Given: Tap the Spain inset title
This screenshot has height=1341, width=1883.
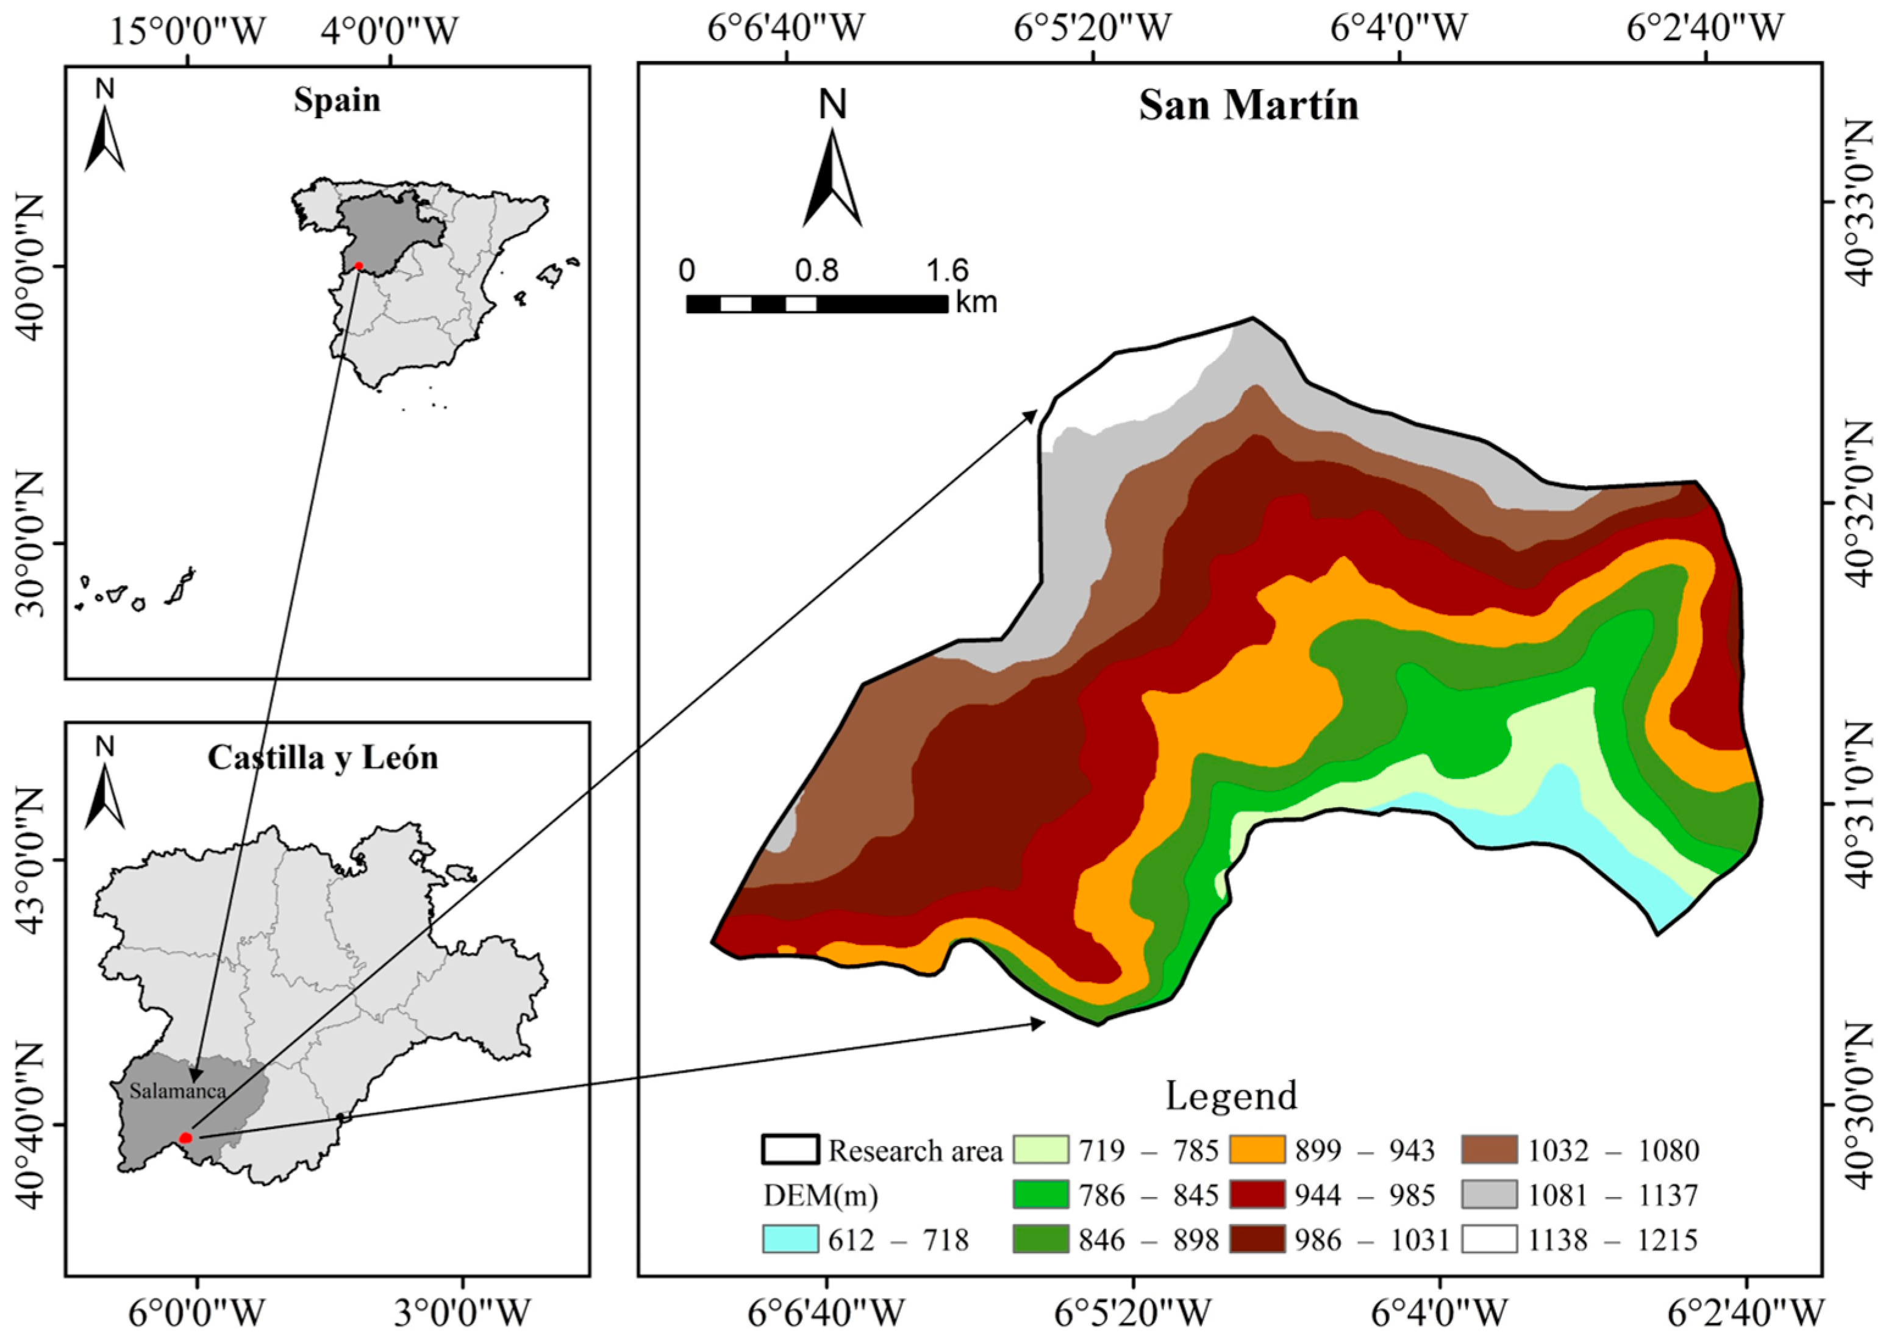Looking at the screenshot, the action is click(x=337, y=101).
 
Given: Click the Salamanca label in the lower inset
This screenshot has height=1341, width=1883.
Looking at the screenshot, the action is click(x=177, y=1091).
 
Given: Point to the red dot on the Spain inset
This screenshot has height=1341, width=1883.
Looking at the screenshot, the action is click(x=359, y=266).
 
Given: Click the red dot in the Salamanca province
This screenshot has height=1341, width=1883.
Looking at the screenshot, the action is click(x=186, y=1138).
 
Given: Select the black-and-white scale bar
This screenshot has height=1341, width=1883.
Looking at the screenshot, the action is click(x=816, y=304).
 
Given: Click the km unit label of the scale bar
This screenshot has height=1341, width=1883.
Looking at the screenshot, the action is click(x=976, y=302).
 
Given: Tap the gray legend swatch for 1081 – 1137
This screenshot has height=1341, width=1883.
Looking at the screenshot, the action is click(x=1489, y=1194).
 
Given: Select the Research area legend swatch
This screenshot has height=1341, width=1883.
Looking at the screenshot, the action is click(x=790, y=1150).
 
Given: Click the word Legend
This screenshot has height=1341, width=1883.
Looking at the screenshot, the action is click(x=1231, y=1096).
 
